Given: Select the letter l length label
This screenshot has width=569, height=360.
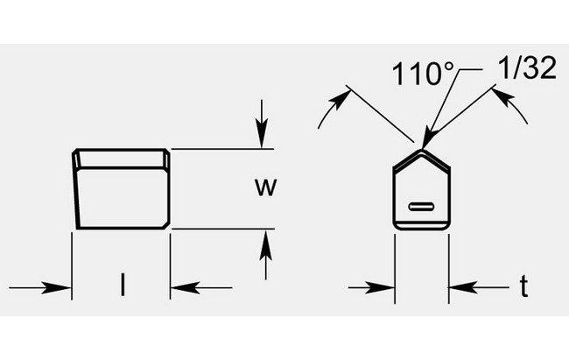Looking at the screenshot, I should pyautogui.click(x=123, y=284).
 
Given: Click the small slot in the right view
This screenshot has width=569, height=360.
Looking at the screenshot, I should pyautogui.click(x=423, y=207).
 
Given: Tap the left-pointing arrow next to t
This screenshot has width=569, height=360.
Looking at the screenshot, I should pyautogui.click(x=460, y=286).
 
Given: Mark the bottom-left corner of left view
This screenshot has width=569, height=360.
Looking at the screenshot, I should pyautogui.click(x=78, y=227).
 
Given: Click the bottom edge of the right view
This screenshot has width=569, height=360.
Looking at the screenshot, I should pyautogui.click(x=422, y=229).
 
